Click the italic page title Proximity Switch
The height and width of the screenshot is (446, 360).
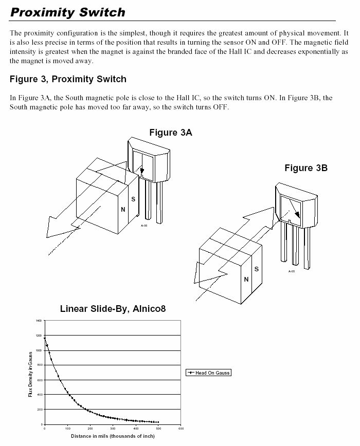(x=67, y=12)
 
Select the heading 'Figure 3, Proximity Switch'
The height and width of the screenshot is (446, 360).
(x=68, y=79)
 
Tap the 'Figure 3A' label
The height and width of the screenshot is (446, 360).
(x=170, y=133)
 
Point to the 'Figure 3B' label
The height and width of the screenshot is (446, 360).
(x=306, y=168)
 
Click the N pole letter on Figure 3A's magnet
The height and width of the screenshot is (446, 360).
(x=123, y=210)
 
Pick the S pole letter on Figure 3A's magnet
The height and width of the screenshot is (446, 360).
(x=133, y=199)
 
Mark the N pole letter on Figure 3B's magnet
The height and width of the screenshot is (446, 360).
(x=246, y=280)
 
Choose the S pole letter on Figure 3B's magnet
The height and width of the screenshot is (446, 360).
(x=257, y=269)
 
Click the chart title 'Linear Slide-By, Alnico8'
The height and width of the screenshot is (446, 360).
(x=113, y=309)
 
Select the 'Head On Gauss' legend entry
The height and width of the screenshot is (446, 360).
(x=208, y=373)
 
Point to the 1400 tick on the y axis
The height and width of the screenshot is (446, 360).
(x=39, y=321)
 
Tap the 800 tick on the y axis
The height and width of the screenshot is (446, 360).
(x=39, y=365)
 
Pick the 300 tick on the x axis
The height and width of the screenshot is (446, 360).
(x=113, y=429)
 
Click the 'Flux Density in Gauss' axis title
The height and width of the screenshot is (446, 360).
(x=30, y=373)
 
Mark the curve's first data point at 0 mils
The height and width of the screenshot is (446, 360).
(x=45, y=338)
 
